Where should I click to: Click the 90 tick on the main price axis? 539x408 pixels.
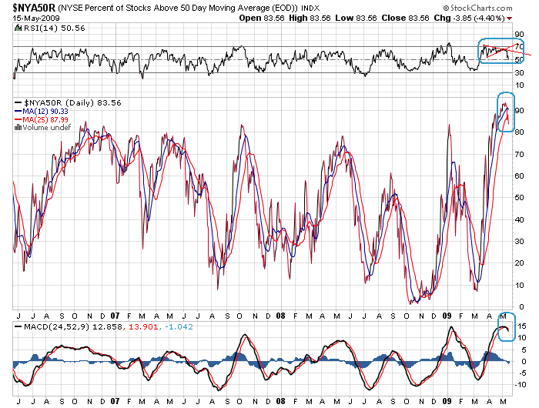pyautogui.click(x=521, y=111)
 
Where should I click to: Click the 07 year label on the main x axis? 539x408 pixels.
pyautogui.click(x=114, y=316)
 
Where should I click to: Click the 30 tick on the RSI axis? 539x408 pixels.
pyautogui.click(x=521, y=72)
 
